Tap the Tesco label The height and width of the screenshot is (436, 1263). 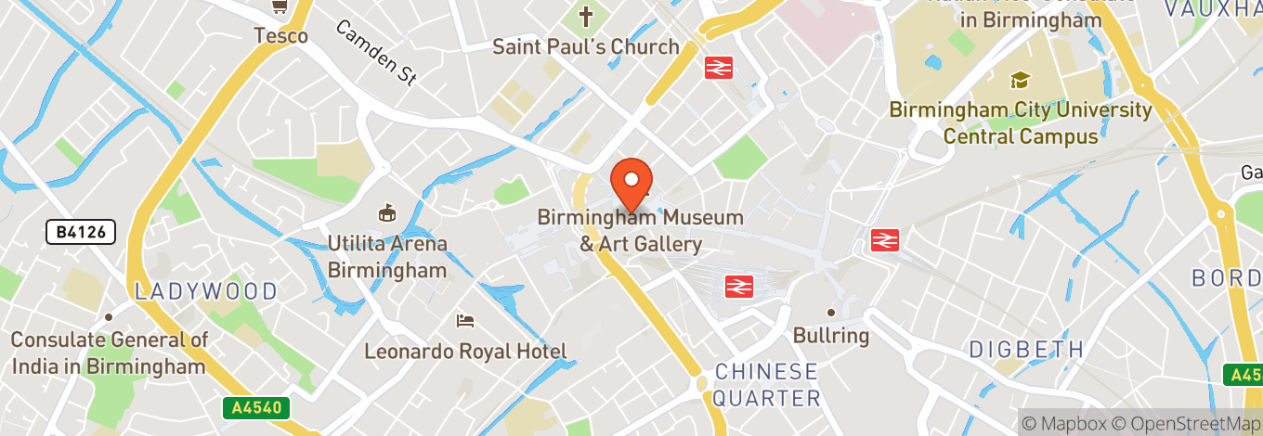click(x=281, y=36)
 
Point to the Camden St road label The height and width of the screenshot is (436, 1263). click(x=374, y=53)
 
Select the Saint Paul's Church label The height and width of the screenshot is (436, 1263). click(x=585, y=46)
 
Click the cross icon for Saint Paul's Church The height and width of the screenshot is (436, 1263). click(x=586, y=16)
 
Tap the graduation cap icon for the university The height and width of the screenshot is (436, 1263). click(x=1020, y=81)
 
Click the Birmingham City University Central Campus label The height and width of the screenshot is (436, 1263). click(x=1021, y=122)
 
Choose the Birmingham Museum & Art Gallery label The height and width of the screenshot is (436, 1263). click(x=641, y=231)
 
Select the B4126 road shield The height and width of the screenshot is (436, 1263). click(x=81, y=231)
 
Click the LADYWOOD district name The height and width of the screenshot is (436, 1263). click(x=206, y=291)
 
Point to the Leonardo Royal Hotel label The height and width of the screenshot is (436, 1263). click(x=465, y=352)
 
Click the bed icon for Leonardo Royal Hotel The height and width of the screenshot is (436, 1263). click(x=465, y=321)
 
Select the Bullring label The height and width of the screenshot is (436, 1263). click(x=831, y=335)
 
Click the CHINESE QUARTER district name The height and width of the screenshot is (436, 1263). click(x=767, y=385)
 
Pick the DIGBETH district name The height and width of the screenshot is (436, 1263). click(x=1026, y=350)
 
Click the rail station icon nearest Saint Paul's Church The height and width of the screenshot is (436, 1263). click(x=719, y=67)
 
